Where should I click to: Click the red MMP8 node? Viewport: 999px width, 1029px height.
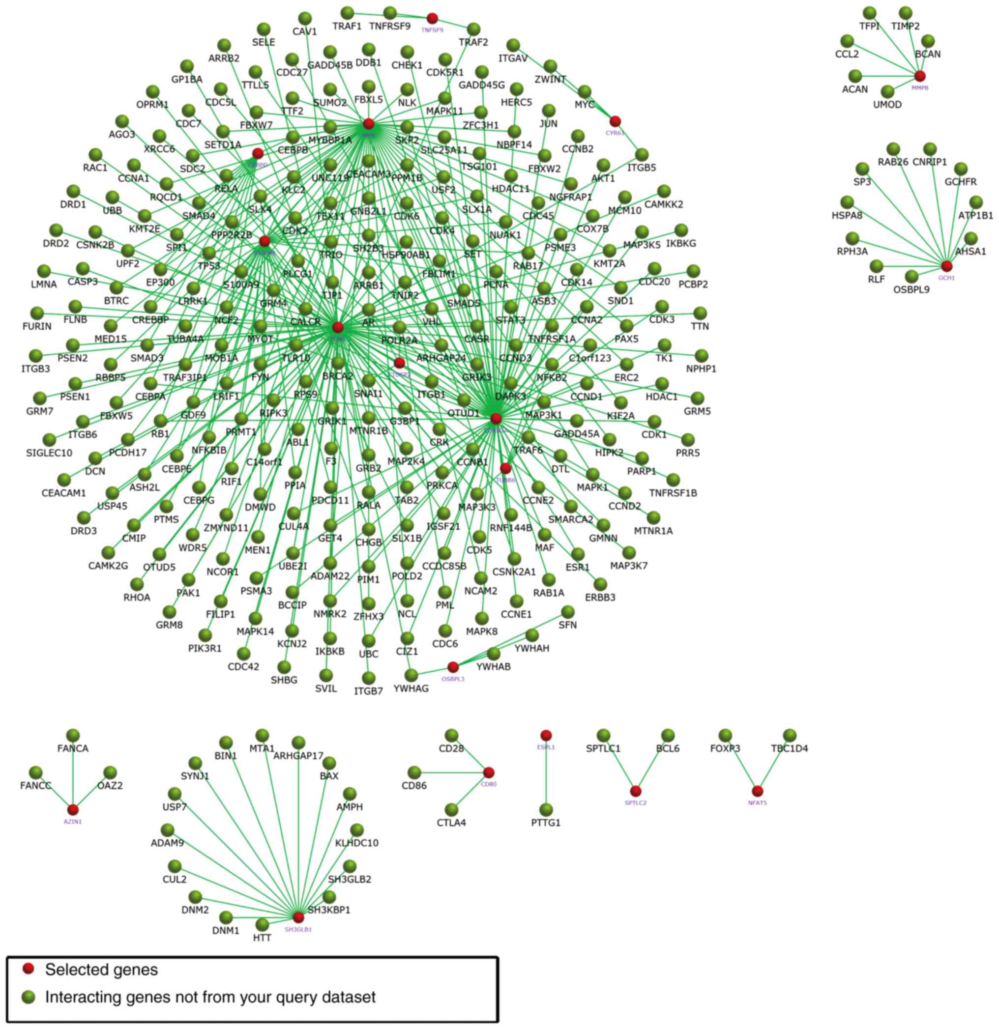point(920,76)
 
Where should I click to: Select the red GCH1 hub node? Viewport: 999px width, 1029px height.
point(946,266)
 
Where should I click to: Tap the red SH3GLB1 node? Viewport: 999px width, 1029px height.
point(298,917)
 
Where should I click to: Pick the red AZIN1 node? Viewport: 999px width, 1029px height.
point(73,809)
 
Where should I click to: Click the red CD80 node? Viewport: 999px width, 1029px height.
point(489,772)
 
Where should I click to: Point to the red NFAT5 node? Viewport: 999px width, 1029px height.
point(757,791)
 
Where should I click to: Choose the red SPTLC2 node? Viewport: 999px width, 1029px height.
point(636,791)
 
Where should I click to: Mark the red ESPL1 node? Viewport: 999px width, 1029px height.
point(546,735)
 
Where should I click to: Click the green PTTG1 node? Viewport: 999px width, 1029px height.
point(546,809)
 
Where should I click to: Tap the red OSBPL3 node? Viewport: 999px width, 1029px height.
point(453,667)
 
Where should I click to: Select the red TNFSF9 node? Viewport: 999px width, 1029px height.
point(432,18)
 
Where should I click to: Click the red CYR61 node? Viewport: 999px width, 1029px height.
point(615,121)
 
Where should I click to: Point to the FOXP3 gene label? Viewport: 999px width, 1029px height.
point(725,748)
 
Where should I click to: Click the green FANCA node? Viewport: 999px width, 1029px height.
point(73,735)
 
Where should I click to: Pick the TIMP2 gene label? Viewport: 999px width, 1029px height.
point(906,26)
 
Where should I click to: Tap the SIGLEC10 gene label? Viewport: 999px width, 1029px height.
point(49,453)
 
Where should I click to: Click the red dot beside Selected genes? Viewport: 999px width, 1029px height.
point(29,969)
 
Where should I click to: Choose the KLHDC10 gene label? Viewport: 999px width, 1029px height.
point(356,843)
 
